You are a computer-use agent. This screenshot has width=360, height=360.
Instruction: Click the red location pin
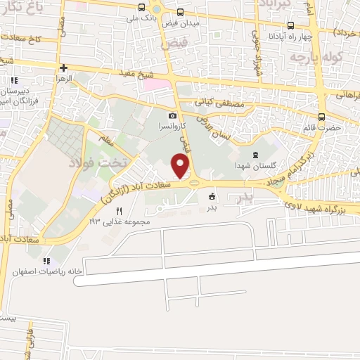[x=181, y=166]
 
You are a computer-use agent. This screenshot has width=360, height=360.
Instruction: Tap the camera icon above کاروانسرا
[x=173, y=116]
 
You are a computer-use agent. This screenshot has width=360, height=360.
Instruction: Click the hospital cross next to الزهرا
[x=64, y=68]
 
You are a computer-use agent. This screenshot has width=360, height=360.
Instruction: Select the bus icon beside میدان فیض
[x=181, y=12]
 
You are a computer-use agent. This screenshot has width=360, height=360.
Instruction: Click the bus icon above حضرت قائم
[x=321, y=117]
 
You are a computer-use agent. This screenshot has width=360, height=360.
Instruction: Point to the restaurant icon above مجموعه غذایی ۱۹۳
[x=119, y=211]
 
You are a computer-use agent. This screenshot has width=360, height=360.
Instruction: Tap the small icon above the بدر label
[x=211, y=198]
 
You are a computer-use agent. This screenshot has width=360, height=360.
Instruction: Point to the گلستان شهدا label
[x=254, y=166]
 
